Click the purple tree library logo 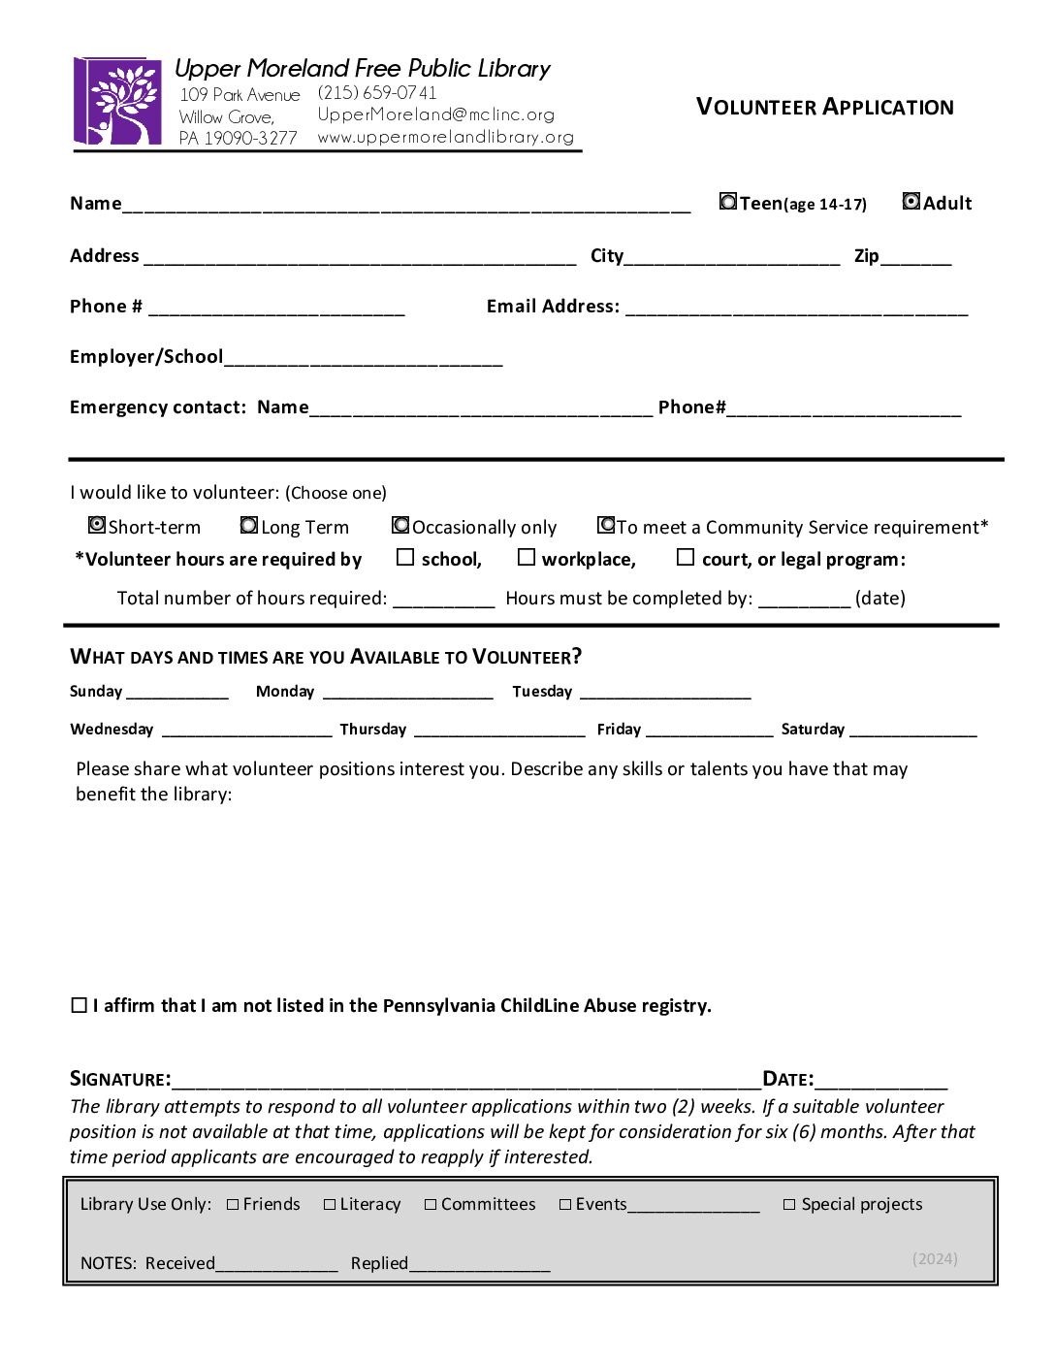pyautogui.click(x=118, y=101)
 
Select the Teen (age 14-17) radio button pyautogui.click(x=728, y=202)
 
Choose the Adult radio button pyautogui.click(x=911, y=201)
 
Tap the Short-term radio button pyautogui.click(x=97, y=525)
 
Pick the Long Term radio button pyautogui.click(x=249, y=525)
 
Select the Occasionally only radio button pyautogui.click(x=400, y=525)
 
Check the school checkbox pyautogui.click(x=405, y=557)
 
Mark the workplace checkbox pyautogui.click(x=527, y=557)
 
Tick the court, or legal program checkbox pyautogui.click(x=686, y=557)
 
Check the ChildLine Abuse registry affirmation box pyautogui.click(x=80, y=1005)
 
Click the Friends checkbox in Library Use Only pyautogui.click(x=233, y=1205)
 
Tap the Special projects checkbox pyautogui.click(x=789, y=1205)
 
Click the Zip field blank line pyautogui.click(x=916, y=259)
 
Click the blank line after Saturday pyautogui.click(x=912, y=732)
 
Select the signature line pyautogui.click(x=465, y=1082)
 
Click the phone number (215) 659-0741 pyautogui.click(x=377, y=93)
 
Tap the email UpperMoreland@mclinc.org pyautogui.click(x=436, y=114)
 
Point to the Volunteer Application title pyautogui.click(x=825, y=107)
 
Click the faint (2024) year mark pyautogui.click(x=935, y=1258)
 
